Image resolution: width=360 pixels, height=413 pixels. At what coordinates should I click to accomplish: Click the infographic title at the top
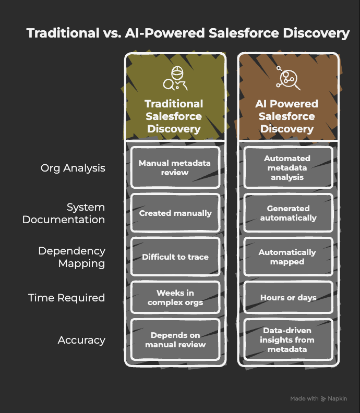tap(188, 33)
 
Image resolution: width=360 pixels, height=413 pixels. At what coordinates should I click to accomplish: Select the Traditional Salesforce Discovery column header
tap(174, 116)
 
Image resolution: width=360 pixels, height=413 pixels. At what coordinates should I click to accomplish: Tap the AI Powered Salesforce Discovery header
tap(286, 116)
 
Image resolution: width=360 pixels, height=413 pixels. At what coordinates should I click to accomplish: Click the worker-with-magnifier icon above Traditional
tap(175, 78)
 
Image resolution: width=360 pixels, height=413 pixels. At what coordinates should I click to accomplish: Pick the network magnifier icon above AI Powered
tap(286, 78)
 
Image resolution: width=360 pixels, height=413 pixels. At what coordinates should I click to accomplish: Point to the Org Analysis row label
tap(73, 168)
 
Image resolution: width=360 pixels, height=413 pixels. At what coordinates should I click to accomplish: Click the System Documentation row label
tap(64, 213)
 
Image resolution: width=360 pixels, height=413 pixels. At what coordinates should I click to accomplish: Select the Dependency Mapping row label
tap(71, 257)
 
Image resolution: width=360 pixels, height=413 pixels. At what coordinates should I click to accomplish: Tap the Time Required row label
tap(66, 298)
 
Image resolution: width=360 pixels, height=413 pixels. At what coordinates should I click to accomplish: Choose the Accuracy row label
tap(81, 340)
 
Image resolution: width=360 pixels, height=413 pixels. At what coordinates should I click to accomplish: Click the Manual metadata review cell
tap(175, 167)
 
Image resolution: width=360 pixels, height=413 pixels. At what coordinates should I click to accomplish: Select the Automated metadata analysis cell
tap(287, 167)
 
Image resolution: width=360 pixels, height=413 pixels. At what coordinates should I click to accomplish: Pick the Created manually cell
tap(175, 213)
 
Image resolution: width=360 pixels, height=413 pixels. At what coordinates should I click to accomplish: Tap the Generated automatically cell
tap(287, 213)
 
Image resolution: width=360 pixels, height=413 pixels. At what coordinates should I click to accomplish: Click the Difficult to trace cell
tap(175, 257)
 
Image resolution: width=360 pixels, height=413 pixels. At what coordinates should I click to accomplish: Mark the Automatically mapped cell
tap(287, 257)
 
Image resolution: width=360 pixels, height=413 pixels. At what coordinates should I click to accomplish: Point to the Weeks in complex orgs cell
tap(175, 298)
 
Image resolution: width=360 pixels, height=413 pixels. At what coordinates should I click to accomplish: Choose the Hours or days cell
tap(287, 298)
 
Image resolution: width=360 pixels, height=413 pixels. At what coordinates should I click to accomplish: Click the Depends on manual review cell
tap(175, 339)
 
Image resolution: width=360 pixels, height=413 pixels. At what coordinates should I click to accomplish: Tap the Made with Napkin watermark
tap(318, 399)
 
